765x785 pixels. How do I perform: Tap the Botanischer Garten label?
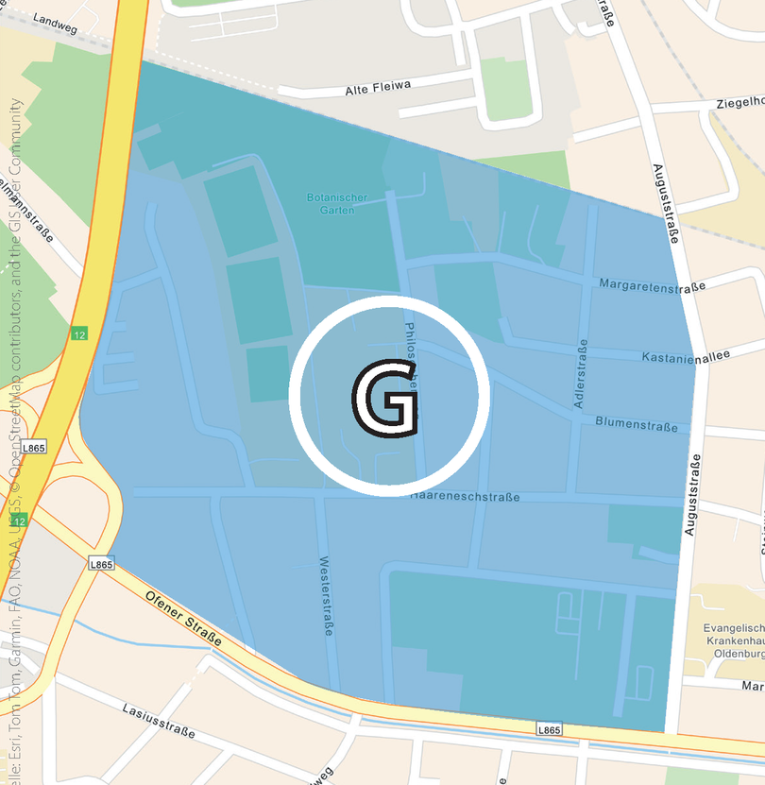(331, 204)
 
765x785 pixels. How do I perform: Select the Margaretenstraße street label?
(652, 285)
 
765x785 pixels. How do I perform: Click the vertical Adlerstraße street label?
(581, 374)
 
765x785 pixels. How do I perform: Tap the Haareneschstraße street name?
(465, 497)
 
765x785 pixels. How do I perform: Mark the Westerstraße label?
(326, 594)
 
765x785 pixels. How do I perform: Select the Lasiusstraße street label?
(159, 720)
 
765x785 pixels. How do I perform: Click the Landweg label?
(55, 18)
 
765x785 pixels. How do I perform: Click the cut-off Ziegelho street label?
(739, 102)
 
